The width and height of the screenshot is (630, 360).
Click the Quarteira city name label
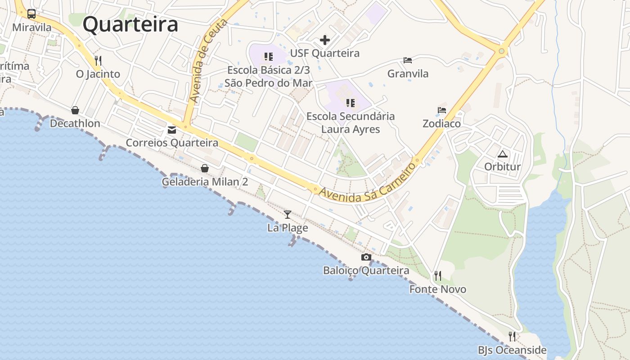coord(130,24)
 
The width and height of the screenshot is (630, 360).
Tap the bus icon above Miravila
coord(31,14)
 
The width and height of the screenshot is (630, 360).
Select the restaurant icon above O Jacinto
coord(98,60)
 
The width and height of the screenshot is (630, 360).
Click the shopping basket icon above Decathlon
coord(75,110)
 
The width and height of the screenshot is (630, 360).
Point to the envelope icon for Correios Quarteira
coord(172,130)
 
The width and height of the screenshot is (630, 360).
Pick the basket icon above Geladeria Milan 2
coord(205,168)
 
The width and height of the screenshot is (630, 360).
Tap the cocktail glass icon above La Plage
coord(288,215)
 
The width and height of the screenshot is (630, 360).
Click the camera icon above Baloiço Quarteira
coord(366,257)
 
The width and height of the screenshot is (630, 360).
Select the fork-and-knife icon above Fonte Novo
coord(437,275)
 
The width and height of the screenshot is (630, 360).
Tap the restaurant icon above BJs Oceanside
coord(512,336)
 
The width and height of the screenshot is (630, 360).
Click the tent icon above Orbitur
coord(502,154)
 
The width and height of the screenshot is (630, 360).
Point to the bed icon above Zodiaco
coord(442,110)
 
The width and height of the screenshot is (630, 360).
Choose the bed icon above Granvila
coord(408,60)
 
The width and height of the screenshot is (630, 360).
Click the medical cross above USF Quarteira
coord(324,40)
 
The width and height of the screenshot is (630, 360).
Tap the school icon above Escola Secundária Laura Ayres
coord(351,103)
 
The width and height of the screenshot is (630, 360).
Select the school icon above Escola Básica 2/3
coord(269,57)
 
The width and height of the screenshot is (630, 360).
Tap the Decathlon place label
coord(75,123)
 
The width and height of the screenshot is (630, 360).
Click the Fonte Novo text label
coord(437,289)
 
